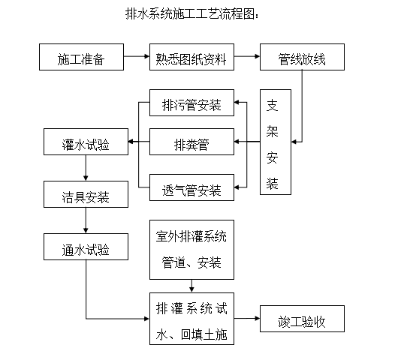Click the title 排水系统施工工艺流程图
point(194,14)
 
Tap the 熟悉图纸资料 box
point(191,58)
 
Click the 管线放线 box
point(304,58)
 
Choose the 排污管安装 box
point(191,104)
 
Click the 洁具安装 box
point(86,196)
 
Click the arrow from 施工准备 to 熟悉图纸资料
point(136,57)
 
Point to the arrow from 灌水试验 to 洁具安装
point(86,170)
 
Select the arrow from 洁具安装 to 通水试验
point(86,223)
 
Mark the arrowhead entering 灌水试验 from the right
point(133,141)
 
